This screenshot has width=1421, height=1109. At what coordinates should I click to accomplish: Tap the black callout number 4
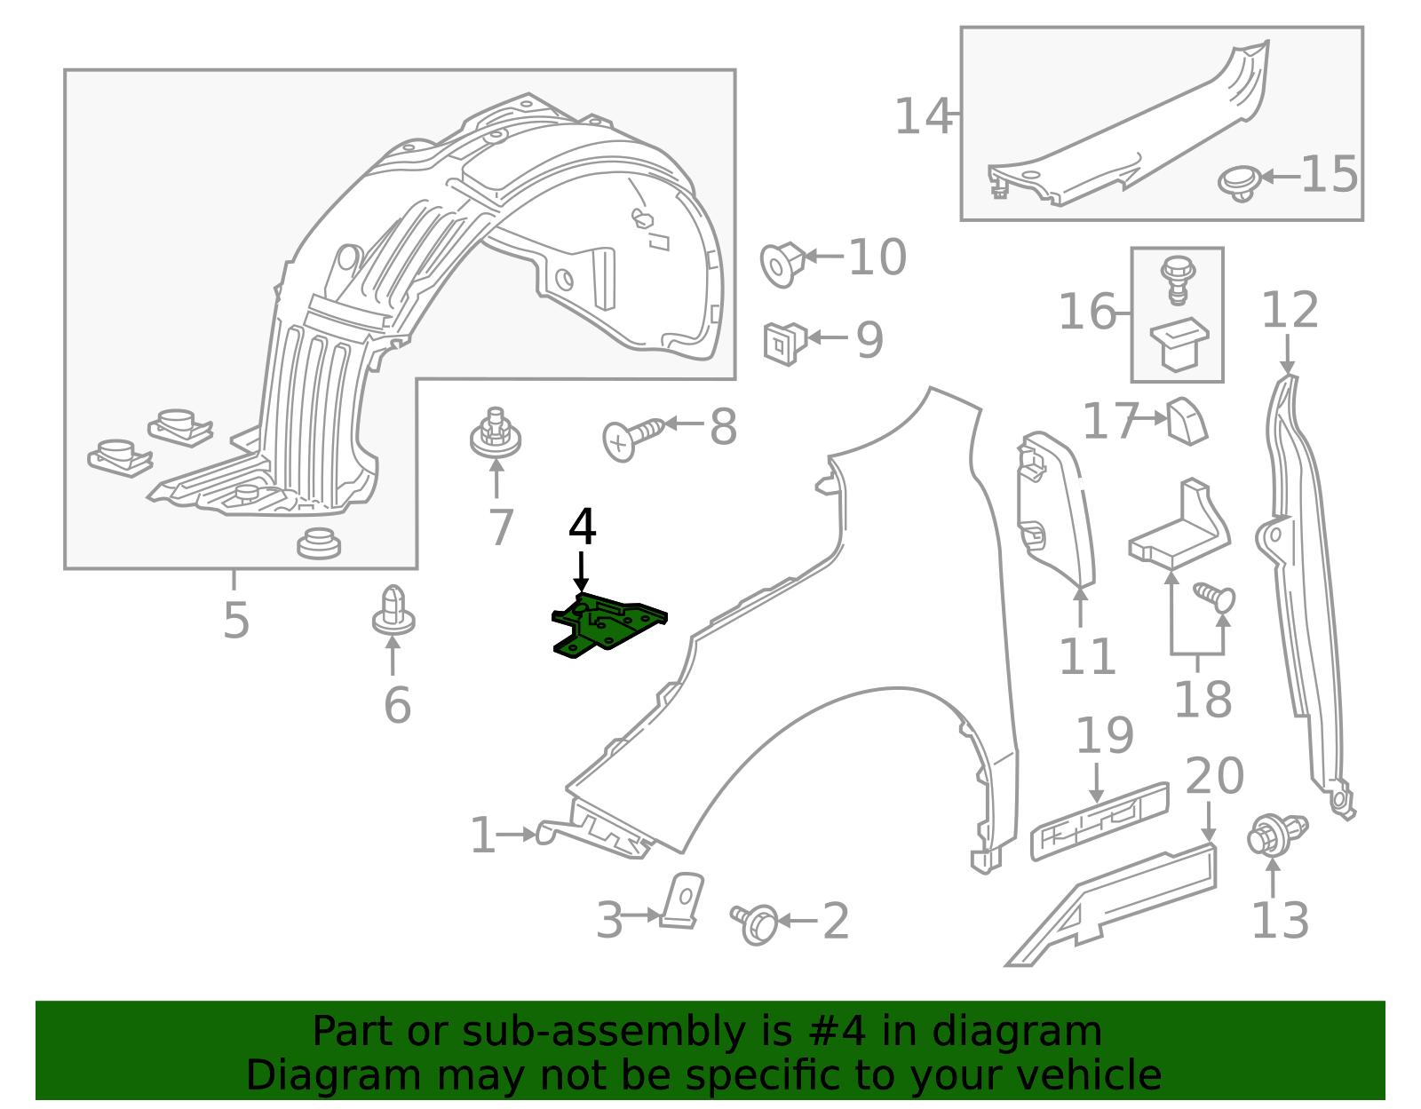tap(582, 527)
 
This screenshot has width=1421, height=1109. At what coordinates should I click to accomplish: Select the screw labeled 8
tap(631, 437)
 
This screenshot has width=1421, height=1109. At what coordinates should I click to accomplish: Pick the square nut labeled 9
tap(783, 343)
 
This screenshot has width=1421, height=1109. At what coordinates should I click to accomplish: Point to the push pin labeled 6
tap(393, 610)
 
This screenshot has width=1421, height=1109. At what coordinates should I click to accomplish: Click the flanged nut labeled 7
tap(496, 435)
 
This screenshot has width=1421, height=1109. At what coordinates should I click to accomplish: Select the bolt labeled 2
tap(755, 923)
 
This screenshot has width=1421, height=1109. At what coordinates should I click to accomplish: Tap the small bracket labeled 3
tap(685, 900)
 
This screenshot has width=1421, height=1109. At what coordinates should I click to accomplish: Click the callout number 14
tap(922, 117)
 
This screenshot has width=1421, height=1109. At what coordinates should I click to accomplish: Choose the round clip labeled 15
tap(1238, 182)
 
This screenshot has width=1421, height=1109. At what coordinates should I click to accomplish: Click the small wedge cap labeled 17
tap(1186, 422)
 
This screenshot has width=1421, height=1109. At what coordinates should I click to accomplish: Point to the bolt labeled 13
tap(1274, 835)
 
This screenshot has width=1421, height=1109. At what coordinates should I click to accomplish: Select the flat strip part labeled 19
tap(1099, 821)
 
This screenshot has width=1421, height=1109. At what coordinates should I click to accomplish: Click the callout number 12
tap(1290, 311)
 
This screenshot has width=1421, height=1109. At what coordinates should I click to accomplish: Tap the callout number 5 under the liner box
tap(236, 620)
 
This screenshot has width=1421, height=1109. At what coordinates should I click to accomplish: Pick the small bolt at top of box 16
tap(1178, 275)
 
